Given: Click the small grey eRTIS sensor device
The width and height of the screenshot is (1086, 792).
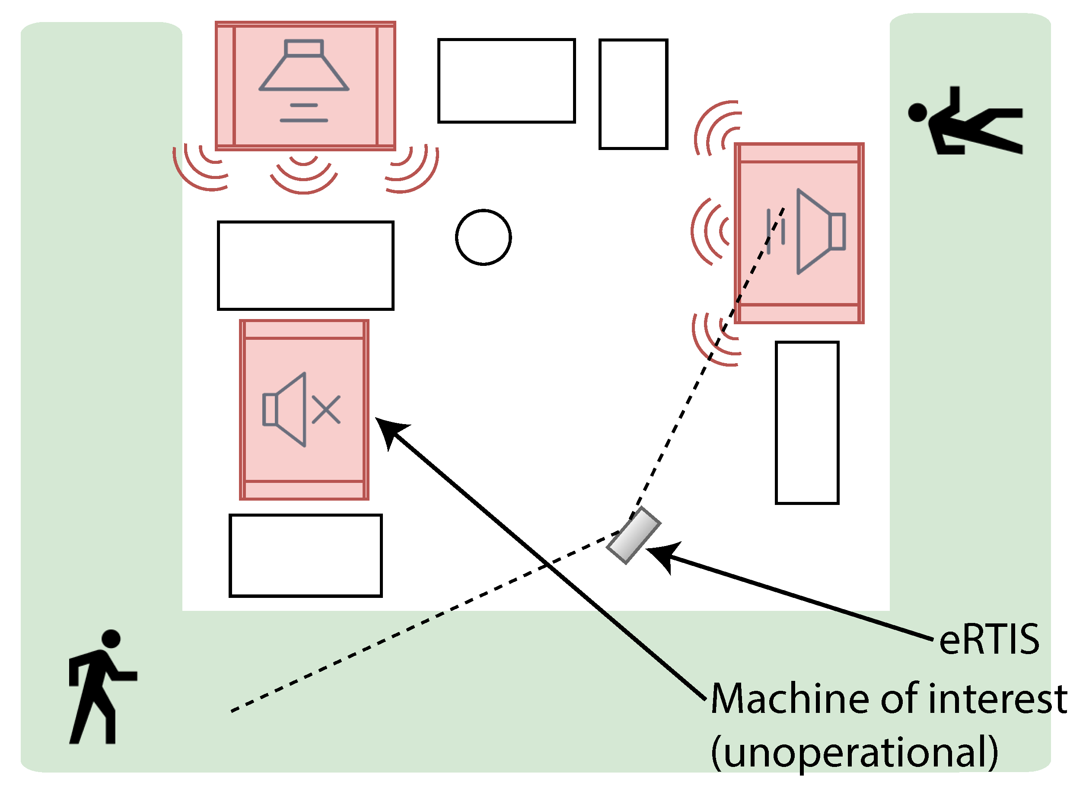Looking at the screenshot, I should click(x=634, y=536).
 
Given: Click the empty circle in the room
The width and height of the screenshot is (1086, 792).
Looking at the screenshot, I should click(x=483, y=237).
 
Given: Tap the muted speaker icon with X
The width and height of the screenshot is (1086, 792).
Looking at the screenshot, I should click(x=302, y=409).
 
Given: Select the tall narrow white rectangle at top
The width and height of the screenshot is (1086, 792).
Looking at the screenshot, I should click(x=633, y=94).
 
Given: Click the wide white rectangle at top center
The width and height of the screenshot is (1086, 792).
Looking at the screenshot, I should click(x=506, y=81).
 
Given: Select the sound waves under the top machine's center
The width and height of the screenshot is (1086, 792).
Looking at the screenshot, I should click(x=303, y=172).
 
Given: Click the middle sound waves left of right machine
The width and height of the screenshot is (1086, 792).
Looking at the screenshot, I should click(x=710, y=232).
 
